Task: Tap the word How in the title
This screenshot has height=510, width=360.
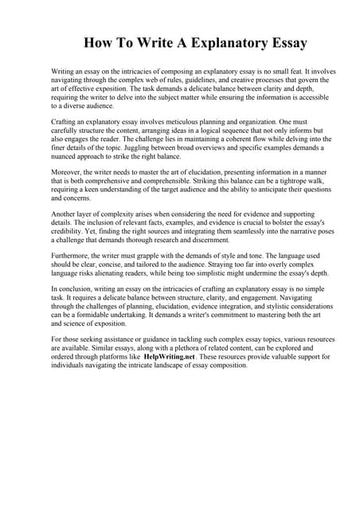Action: (x=101, y=41)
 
